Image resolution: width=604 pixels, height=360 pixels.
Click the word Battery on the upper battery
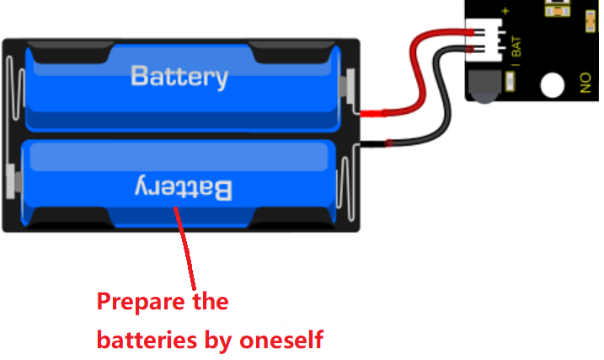[179, 77]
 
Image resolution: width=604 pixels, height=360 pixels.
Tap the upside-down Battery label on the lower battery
[184, 188]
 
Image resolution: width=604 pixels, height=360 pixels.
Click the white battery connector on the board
[484, 40]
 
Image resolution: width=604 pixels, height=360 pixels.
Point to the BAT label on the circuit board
[516, 46]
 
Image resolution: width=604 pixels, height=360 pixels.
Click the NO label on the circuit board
[585, 83]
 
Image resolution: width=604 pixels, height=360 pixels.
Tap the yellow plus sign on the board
[505, 11]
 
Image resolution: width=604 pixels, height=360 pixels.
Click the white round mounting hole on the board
[553, 85]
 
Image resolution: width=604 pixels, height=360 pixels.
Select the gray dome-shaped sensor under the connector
[484, 87]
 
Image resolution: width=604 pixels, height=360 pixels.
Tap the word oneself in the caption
[281, 340]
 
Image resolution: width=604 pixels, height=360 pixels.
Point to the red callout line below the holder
[185, 249]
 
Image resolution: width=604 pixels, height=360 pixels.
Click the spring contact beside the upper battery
[15, 88]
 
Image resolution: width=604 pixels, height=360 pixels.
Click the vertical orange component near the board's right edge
[591, 21]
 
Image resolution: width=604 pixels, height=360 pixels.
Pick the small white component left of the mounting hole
[510, 82]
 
